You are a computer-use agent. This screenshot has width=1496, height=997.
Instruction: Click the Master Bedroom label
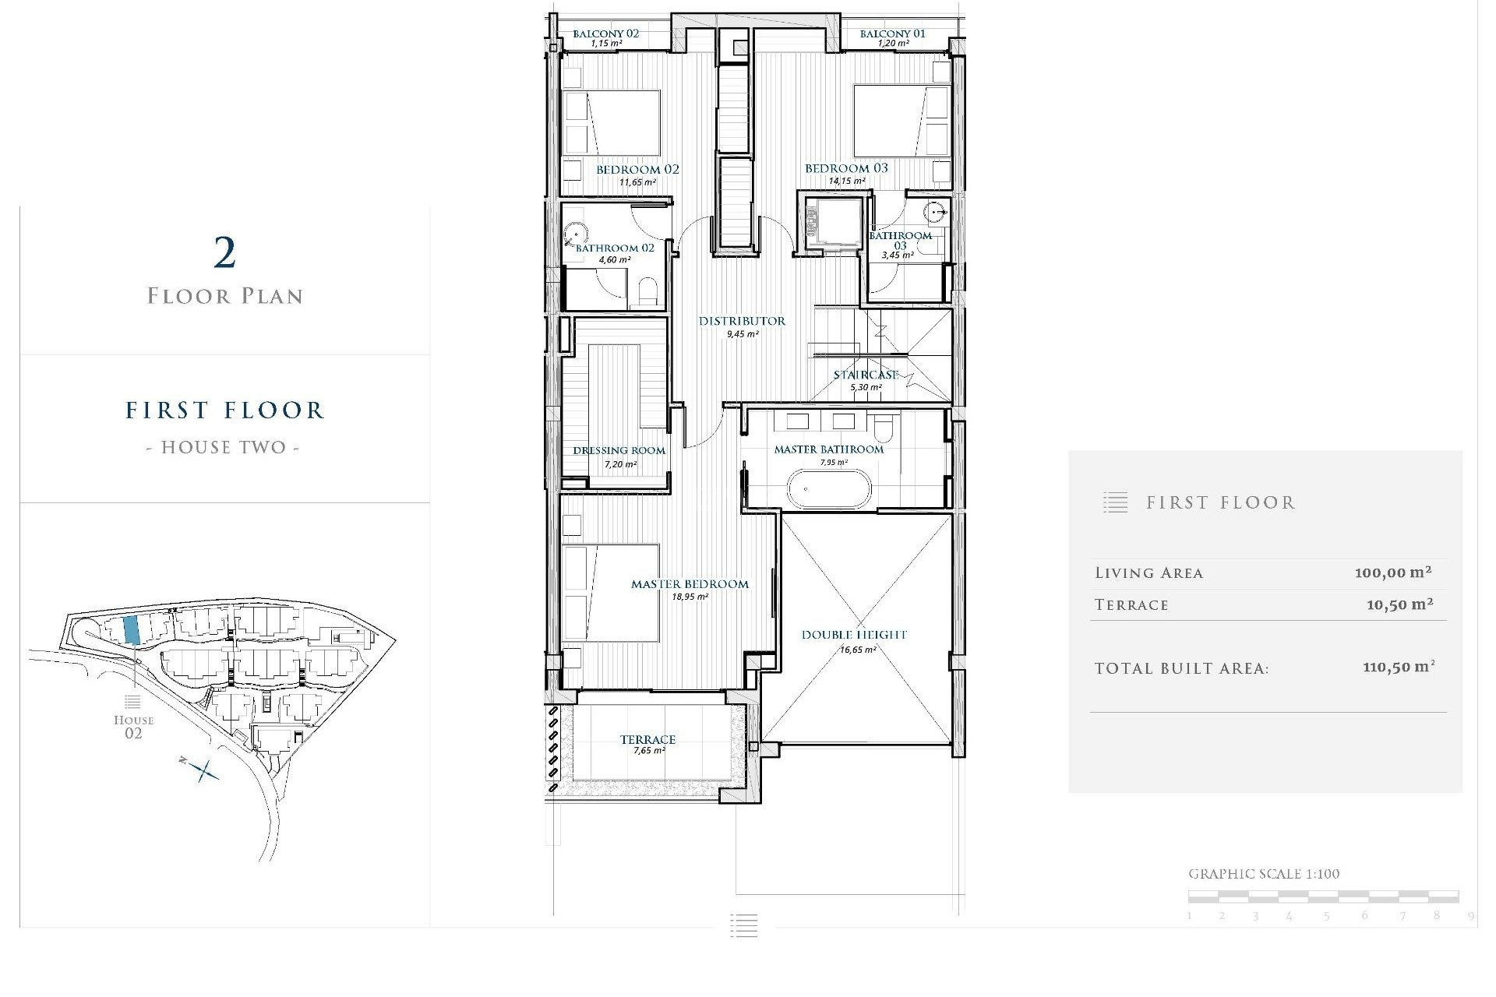690,584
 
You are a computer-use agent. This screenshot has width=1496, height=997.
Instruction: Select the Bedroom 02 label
637,170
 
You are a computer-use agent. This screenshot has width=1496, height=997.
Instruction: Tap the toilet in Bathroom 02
648,293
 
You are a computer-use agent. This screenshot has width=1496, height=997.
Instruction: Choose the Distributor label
742,321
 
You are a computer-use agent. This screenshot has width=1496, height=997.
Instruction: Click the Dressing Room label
619,450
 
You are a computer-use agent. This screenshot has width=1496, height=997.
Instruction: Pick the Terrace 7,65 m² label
647,740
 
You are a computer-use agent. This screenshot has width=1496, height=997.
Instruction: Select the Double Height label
854,635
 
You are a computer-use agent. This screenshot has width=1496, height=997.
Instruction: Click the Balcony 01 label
892,33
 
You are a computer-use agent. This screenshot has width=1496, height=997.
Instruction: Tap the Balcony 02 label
605,33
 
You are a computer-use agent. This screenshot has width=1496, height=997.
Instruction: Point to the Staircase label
866,375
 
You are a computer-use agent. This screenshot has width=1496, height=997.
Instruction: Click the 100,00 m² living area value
1392,572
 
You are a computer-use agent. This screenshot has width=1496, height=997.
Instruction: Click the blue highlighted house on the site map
132,629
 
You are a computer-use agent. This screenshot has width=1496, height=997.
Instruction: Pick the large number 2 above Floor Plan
224,253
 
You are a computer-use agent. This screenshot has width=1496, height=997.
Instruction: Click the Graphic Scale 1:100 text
1263,874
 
